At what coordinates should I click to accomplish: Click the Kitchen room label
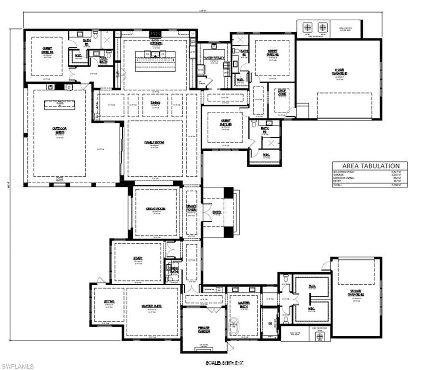coord(156,43)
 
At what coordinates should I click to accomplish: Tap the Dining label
coord(155,103)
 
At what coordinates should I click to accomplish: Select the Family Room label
coord(154,143)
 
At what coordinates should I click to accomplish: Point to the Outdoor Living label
coord(59,129)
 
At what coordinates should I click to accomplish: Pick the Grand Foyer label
coord(191,209)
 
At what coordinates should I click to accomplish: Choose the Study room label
coord(138,258)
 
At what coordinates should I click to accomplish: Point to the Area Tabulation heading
coord(369,166)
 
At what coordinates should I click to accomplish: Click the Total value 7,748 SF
coord(396,185)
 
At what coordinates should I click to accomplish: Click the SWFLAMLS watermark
coord(17,366)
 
